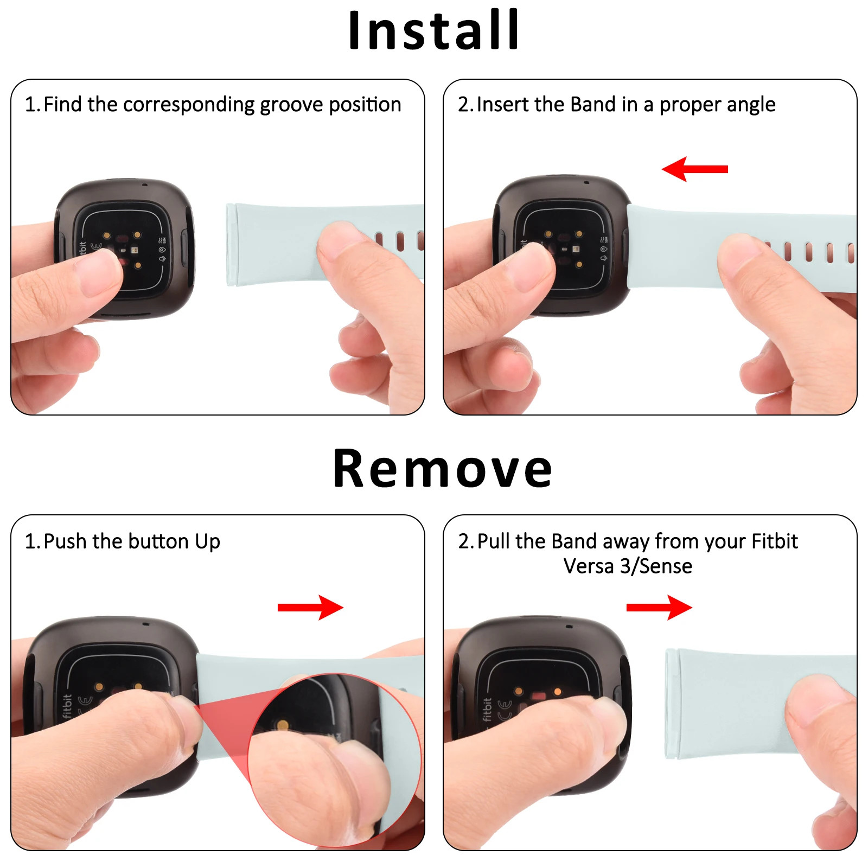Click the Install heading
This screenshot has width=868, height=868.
(433, 30)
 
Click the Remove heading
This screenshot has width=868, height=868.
(442, 469)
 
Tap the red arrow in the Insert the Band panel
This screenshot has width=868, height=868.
(695, 169)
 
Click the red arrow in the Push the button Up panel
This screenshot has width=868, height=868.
(310, 608)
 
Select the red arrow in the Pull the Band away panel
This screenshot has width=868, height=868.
(659, 608)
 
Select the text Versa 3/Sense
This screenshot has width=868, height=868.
(628, 566)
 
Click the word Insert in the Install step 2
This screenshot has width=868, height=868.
(502, 104)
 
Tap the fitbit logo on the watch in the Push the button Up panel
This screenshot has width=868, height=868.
(66, 706)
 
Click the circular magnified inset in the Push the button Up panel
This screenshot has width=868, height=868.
(334, 759)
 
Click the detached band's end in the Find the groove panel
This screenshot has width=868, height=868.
(232, 245)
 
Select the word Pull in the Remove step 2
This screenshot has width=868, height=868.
(494, 541)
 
